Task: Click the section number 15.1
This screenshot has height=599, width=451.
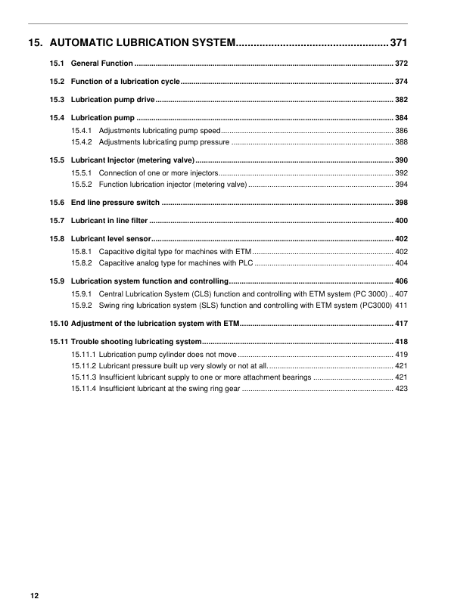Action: coord(57,63)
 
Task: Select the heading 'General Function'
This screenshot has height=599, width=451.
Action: coord(102,63)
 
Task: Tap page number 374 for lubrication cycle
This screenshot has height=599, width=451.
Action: coord(401,81)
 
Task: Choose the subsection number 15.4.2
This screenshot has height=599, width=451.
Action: coord(82,141)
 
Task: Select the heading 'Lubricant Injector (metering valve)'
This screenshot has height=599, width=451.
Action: coord(132,160)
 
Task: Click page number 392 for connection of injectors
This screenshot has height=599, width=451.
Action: coord(401,173)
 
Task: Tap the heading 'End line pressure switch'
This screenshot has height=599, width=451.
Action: coord(115,203)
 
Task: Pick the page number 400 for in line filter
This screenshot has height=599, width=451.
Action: coord(401,221)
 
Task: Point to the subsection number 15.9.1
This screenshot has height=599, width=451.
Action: coord(82,293)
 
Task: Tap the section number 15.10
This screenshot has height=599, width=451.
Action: coord(58,323)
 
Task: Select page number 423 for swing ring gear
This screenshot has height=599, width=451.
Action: coord(401,388)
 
